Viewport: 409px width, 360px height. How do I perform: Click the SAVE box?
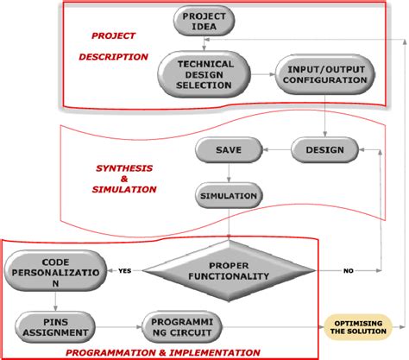point(228,150)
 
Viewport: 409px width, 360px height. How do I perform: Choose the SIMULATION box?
point(229,195)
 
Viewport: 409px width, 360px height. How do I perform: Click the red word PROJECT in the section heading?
point(113,36)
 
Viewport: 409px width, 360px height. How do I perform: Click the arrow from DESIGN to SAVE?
point(275,150)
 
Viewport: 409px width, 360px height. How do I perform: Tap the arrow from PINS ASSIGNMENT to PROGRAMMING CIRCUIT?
point(118,327)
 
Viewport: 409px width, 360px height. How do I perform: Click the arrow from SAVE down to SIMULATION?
point(229,173)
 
